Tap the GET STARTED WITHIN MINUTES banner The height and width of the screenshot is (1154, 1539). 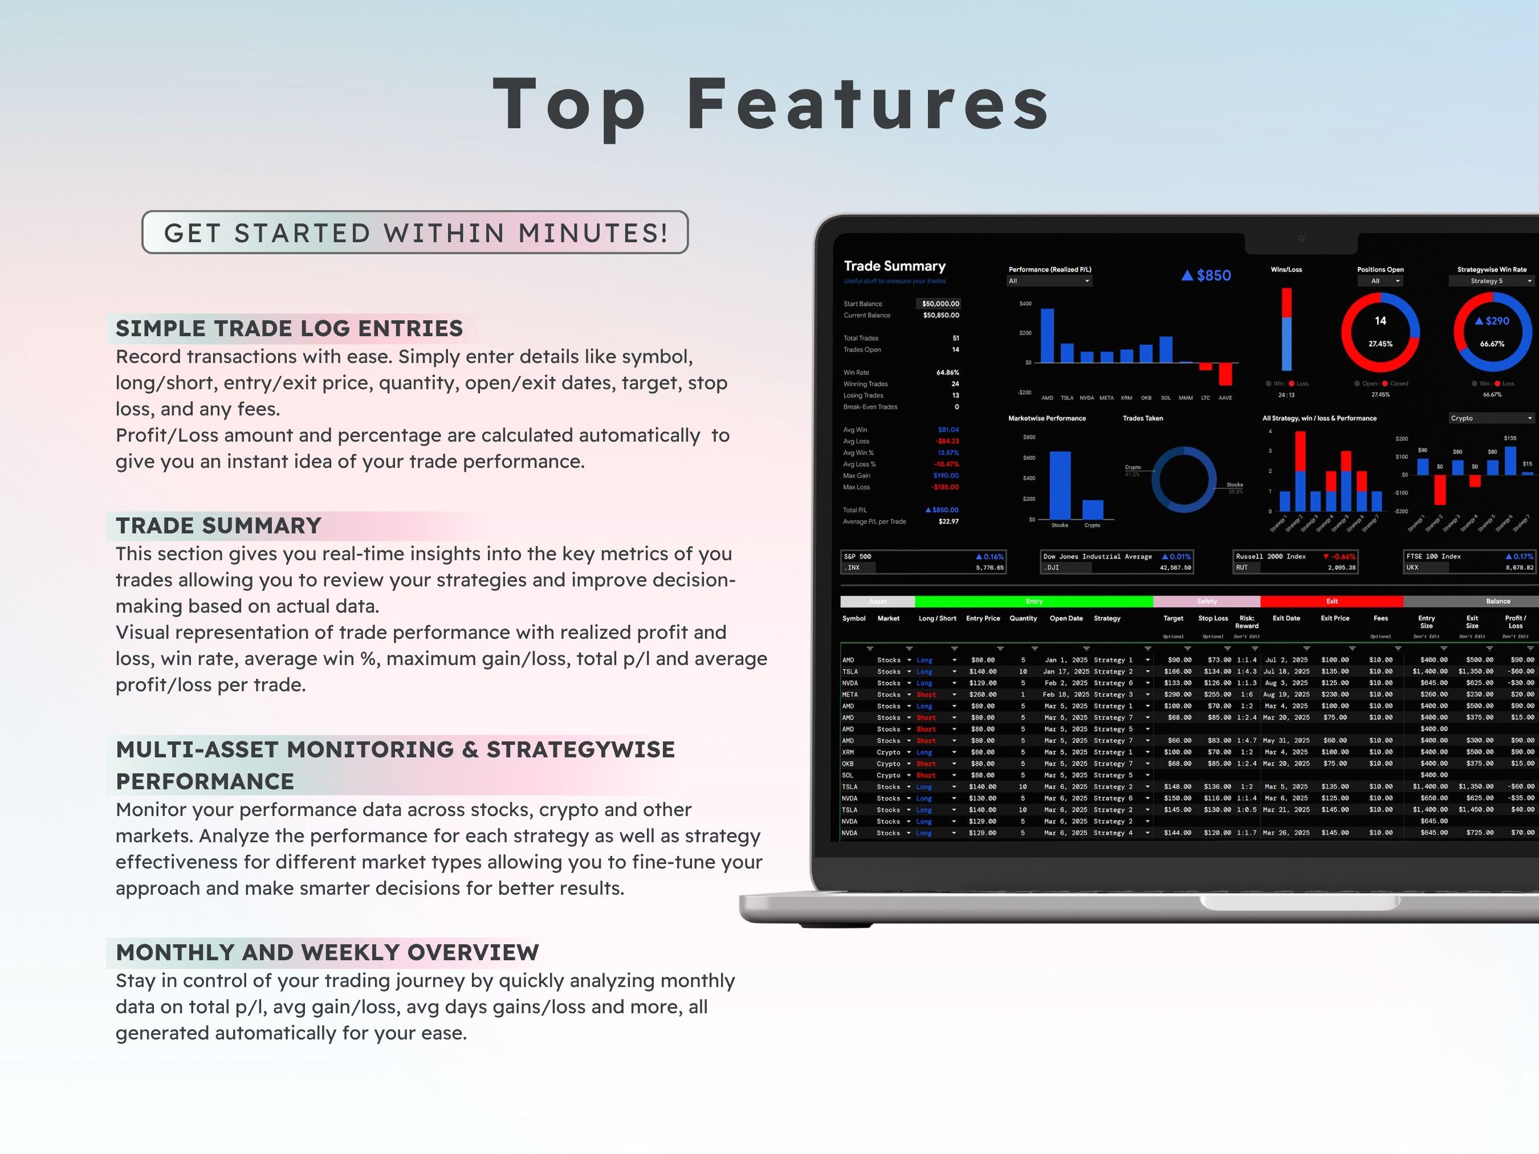coord(416,233)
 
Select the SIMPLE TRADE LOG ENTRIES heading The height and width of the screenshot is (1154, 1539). coord(290,328)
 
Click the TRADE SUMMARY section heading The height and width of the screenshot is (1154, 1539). coord(218,525)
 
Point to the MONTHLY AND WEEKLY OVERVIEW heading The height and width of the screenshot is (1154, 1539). coord(327,952)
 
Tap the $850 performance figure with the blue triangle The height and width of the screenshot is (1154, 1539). coord(1207,275)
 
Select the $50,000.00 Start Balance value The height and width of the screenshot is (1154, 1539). coord(940,304)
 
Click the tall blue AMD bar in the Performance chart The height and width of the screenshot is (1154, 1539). coord(1047,336)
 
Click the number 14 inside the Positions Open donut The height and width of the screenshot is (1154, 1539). coord(1381,321)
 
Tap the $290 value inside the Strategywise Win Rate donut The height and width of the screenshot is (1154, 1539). coord(1493,321)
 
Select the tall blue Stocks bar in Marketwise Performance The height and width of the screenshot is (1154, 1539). coord(1060,485)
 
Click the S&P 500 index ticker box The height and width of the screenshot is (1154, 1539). coord(923,562)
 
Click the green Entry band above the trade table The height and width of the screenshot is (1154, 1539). coord(1033,601)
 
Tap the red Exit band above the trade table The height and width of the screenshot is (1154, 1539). coord(1331,601)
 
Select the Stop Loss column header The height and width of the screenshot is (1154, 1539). coord(1213,618)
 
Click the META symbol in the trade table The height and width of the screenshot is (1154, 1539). coord(849,694)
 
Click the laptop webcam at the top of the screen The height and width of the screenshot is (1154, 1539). coord(1300,239)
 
